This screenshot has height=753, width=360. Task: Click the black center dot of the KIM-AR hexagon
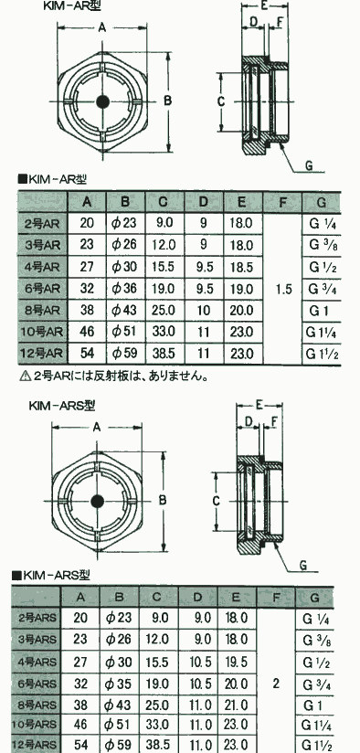click(102, 101)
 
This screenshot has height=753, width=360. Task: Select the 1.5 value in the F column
click(284, 290)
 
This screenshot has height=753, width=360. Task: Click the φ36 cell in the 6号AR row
click(125, 288)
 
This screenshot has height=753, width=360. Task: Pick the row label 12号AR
click(42, 354)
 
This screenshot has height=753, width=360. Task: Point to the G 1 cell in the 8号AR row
click(322, 310)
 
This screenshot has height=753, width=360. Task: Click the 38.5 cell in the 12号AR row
click(164, 354)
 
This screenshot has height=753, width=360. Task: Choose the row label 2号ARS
click(37, 618)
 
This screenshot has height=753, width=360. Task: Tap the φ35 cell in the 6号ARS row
click(119, 683)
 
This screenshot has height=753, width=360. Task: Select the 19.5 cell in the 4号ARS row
click(236, 662)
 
